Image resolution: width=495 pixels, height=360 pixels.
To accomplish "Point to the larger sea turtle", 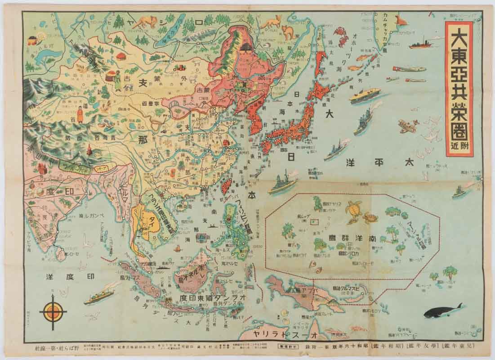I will (353, 208).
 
